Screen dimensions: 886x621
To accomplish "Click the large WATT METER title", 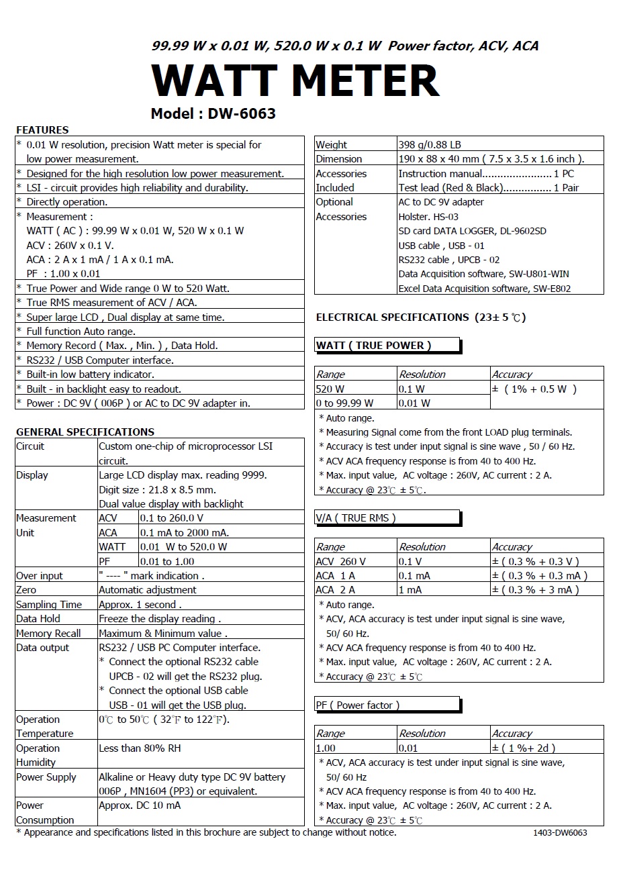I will point(295,81).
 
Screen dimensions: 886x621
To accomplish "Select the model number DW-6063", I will point(241,113).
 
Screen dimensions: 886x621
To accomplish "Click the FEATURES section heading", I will point(42,130).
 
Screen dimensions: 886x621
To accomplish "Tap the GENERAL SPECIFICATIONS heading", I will point(85,432).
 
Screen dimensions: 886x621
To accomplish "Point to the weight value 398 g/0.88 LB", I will point(430,144).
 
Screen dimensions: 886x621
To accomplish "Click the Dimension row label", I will point(339,159).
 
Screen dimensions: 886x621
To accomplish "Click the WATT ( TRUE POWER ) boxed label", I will point(373,346).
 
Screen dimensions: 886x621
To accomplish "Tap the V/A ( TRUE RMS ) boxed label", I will point(356,518).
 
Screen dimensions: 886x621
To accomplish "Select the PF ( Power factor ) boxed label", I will point(358,705).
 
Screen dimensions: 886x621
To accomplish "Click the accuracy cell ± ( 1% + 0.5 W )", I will point(534,389).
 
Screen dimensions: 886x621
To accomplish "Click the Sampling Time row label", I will point(49,604).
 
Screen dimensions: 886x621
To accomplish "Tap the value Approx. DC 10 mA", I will point(140,805).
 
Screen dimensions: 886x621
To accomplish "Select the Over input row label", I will point(40,575).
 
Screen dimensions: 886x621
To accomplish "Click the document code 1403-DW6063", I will point(560,833).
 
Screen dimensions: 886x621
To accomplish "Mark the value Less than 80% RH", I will point(140,748).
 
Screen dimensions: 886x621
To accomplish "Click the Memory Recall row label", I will point(48,633).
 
